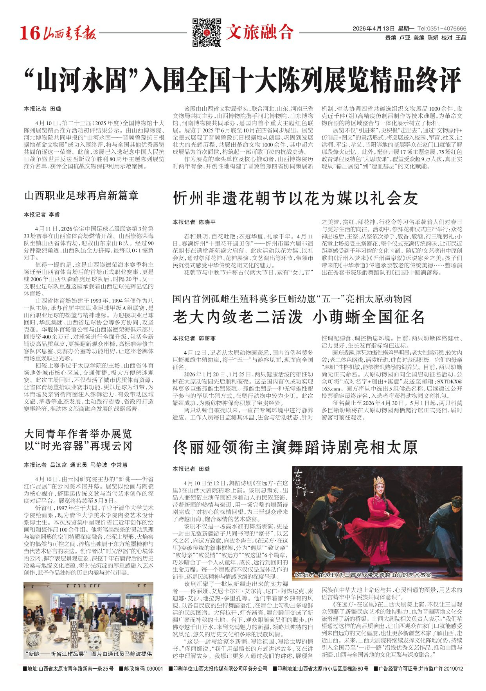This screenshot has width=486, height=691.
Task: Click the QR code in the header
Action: click(x=207, y=32)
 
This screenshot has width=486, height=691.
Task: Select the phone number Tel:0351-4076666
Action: click(x=442, y=29)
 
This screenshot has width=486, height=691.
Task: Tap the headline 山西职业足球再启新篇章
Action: click(x=81, y=195)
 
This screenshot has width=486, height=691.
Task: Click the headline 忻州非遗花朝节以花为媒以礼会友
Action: click(x=295, y=198)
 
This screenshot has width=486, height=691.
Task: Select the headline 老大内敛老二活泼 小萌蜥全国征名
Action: click(x=299, y=317)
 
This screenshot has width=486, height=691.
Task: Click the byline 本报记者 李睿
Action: click(x=42, y=215)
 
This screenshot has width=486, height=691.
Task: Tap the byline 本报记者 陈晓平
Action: click(x=194, y=222)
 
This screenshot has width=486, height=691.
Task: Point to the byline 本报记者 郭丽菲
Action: click(x=194, y=338)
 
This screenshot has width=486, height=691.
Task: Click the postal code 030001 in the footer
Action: click(x=155, y=669)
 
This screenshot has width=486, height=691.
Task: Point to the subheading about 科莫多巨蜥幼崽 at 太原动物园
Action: click(x=292, y=299)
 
